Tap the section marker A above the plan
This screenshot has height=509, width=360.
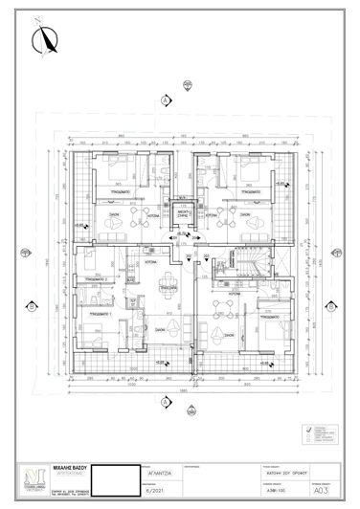(x=166, y=100)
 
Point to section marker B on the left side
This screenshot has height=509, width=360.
(x=32, y=306)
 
